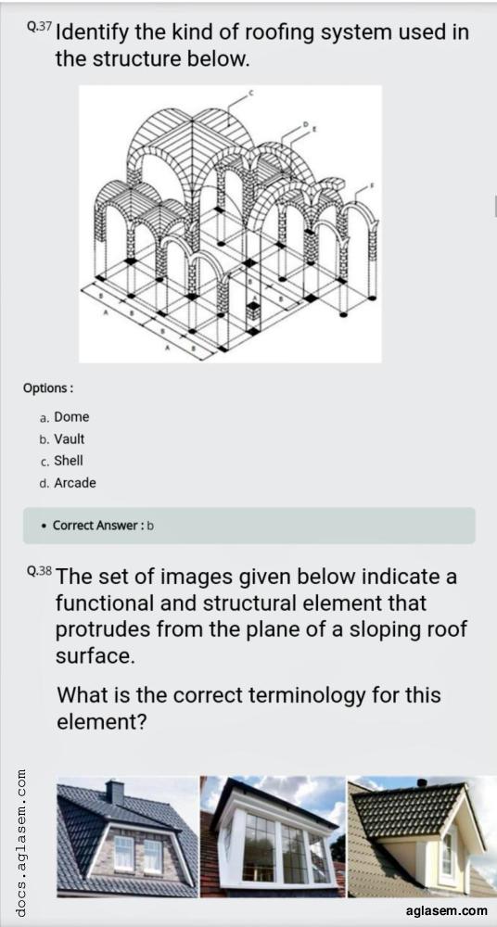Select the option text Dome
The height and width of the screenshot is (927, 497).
pos(71,417)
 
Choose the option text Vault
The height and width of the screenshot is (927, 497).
pos(70,438)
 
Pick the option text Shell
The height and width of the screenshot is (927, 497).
pos(69,461)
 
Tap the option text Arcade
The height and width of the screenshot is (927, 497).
pos(75,482)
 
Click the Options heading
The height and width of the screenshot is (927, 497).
pos(48,388)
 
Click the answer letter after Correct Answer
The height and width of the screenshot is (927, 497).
pos(150,525)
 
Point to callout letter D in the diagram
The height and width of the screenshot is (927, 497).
pos(306,124)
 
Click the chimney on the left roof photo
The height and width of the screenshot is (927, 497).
pos(114,793)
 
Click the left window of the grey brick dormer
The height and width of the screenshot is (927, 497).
pos(123,854)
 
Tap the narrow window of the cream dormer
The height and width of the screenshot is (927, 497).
pos(447,853)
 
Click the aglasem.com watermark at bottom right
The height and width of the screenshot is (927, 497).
pos(447,911)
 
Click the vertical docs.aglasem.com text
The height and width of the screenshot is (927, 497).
pos(21,844)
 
